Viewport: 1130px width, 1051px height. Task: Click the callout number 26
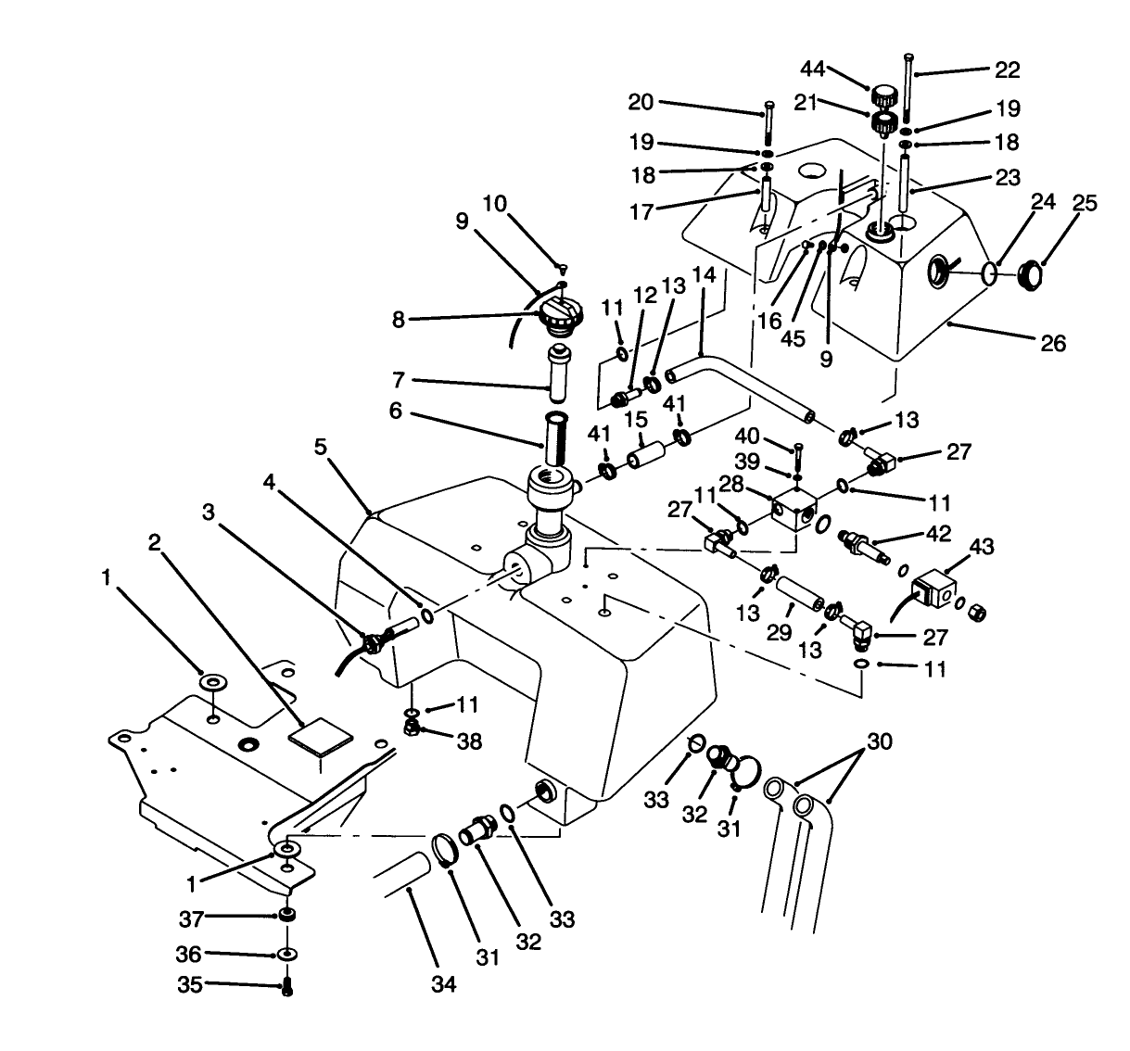point(1053,344)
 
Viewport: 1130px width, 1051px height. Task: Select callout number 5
point(320,447)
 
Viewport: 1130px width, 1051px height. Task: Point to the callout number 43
point(981,548)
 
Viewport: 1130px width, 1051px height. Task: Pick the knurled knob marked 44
point(883,95)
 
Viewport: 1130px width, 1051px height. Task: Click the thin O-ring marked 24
point(990,272)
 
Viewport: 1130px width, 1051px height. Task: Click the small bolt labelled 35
point(286,988)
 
